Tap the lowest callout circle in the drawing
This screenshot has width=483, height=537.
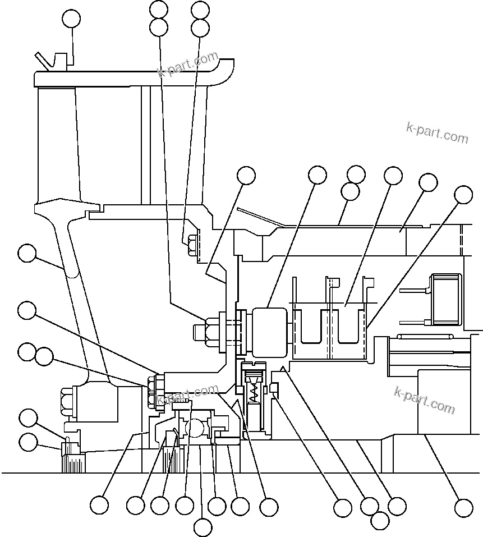(203, 527)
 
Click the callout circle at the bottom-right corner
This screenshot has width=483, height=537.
(463, 508)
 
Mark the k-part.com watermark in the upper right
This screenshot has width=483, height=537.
(437, 132)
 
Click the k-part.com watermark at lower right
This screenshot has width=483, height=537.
(425, 399)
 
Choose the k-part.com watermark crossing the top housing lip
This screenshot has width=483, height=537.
(187, 65)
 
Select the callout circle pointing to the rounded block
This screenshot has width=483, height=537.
(318, 175)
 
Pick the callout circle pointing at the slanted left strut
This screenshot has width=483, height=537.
(26, 254)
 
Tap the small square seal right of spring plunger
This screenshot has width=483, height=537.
(274, 388)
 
